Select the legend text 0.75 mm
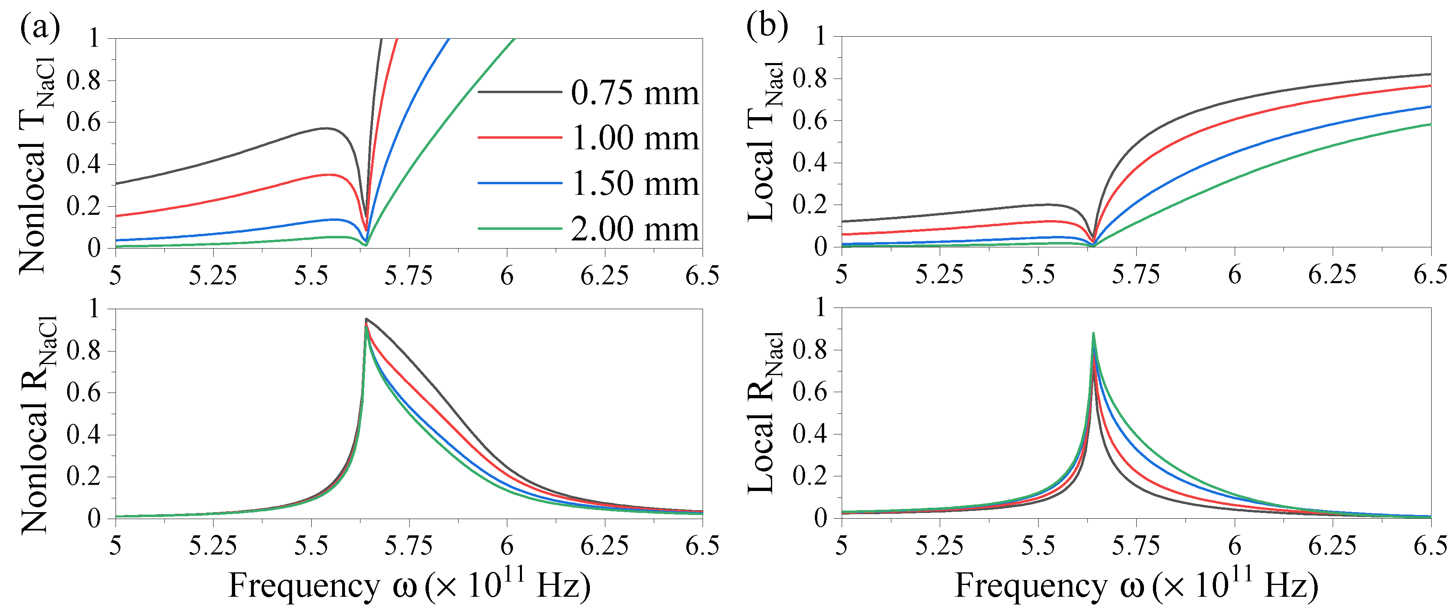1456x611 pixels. pos(635,93)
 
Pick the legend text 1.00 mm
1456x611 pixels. pos(635,138)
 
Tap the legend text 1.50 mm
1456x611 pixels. pos(635,184)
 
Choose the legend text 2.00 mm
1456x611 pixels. pos(635,229)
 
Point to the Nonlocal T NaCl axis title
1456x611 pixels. pos(37,164)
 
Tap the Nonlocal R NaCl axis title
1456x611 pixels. pos(37,424)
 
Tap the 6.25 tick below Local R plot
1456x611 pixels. pos(1332,546)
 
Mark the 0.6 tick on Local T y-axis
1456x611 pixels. pos(810,120)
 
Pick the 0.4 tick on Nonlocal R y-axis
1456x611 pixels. pos(83,435)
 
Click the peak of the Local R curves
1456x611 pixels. pos(1093,334)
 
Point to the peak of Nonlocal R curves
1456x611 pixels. pos(366,319)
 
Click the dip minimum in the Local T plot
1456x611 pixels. pos(1093,244)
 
